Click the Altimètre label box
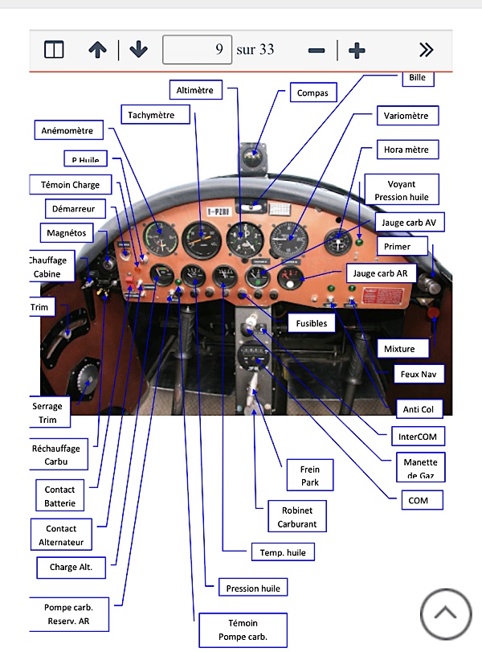coord(194,91)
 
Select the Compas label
coord(312,93)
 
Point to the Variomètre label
coord(406,116)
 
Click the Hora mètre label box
coord(406,150)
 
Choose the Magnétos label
coord(67,232)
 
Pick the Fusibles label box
coord(311,322)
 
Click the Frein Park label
coord(309,475)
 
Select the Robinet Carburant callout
coord(296,517)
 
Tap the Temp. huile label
coord(283,552)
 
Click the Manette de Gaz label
coord(421,469)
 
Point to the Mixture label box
coord(399,349)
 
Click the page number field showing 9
coord(198,50)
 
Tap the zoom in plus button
coord(357,50)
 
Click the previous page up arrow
coord(97,50)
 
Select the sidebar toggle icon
coord(54,50)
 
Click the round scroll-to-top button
coord(445,613)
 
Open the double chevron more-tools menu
coord(426,50)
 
